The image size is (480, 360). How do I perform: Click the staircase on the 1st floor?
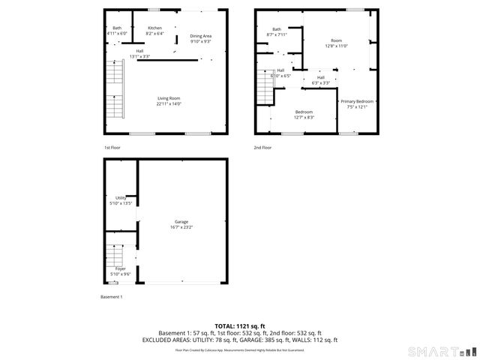[113, 90]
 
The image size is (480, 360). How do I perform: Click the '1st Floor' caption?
[112, 148]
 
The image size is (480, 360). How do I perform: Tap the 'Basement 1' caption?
[111, 297]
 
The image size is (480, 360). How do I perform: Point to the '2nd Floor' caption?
[262, 148]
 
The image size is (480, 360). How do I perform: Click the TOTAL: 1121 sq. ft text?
[239, 325]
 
